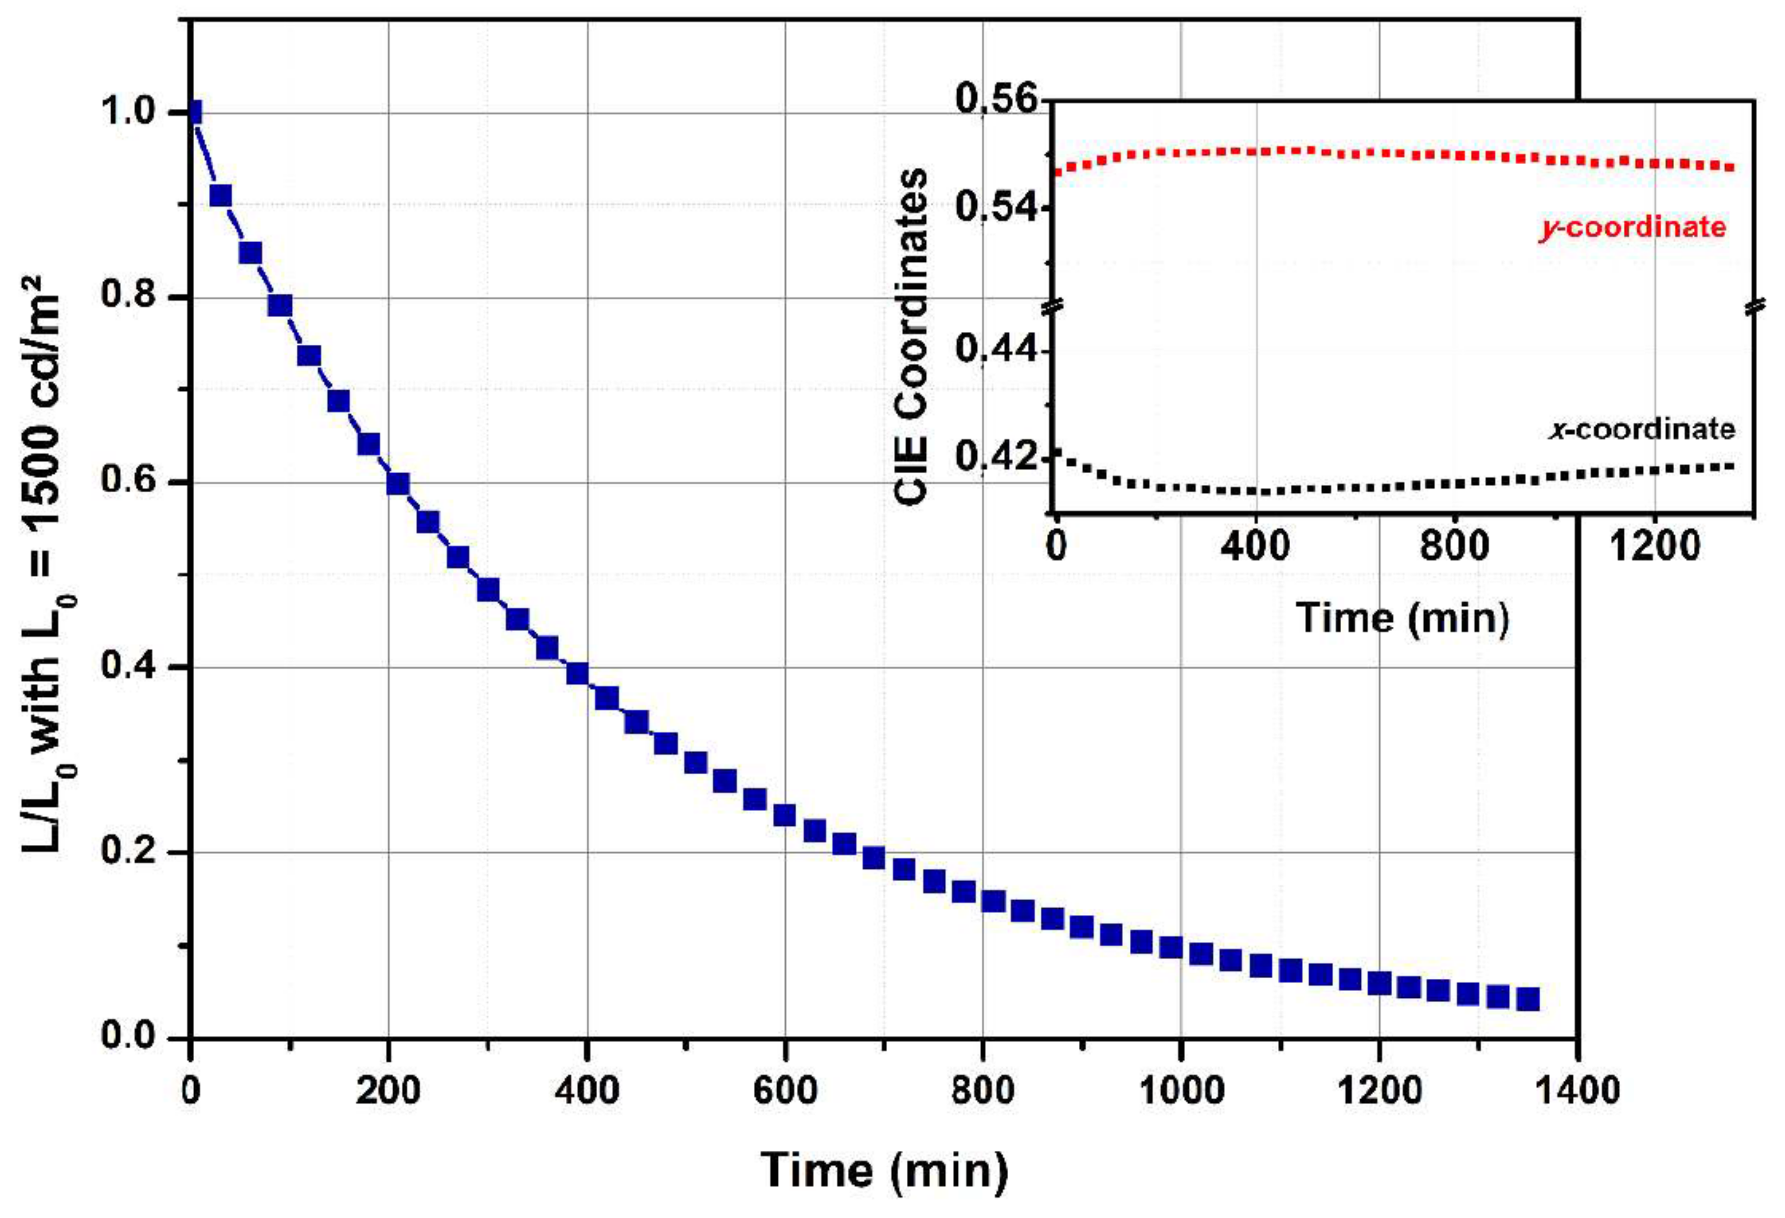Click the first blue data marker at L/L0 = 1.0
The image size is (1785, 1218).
tap(194, 112)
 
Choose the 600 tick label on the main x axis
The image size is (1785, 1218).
tap(785, 1091)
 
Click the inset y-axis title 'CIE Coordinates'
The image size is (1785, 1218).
tap(912, 336)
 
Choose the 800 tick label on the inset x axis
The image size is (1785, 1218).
tap(1454, 548)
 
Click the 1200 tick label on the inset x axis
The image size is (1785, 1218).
tap(1653, 548)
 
